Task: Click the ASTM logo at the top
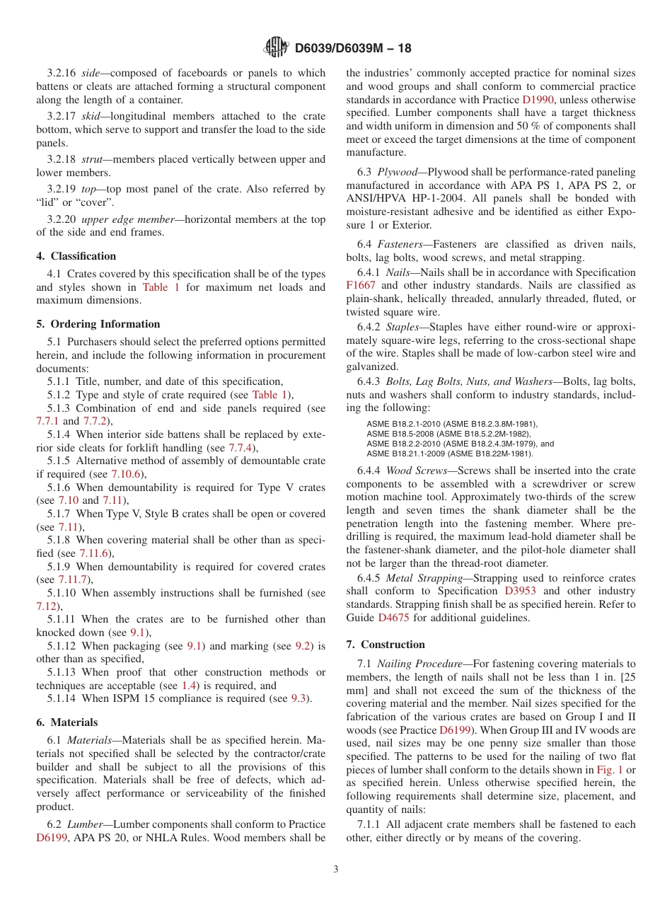(276, 47)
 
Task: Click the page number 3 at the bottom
(336, 870)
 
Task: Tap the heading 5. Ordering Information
(98, 324)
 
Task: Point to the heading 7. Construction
(386, 645)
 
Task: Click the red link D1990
(538, 100)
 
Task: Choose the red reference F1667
(361, 285)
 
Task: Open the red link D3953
(520, 591)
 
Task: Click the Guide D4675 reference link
(393, 618)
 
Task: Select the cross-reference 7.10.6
(129, 474)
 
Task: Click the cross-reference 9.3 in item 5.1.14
(300, 698)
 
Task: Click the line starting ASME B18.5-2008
(447, 434)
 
